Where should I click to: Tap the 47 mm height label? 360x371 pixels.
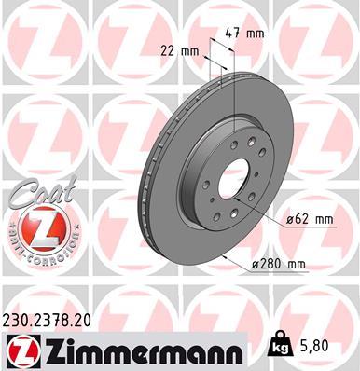pos(245,32)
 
